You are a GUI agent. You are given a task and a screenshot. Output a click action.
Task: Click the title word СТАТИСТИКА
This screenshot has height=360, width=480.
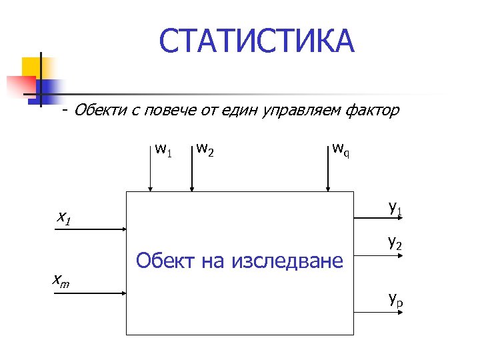[x=257, y=41]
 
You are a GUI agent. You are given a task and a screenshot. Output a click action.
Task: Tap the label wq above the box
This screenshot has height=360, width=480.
[x=341, y=149]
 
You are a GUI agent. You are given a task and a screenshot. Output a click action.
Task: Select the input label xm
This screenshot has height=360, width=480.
[x=62, y=283]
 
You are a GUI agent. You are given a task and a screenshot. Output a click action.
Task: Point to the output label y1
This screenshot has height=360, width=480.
[x=395, y=208]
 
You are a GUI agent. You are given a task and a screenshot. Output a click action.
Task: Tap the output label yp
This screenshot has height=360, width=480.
[x=395, y=299]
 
